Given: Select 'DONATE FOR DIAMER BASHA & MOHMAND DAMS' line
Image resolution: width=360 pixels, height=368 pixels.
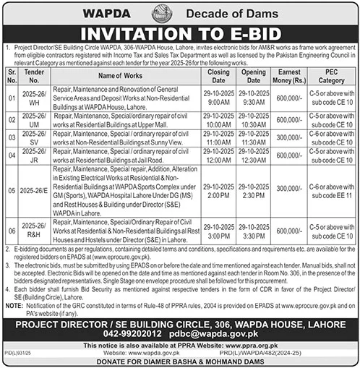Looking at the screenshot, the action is pyautogui.click(x=180, y=361).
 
